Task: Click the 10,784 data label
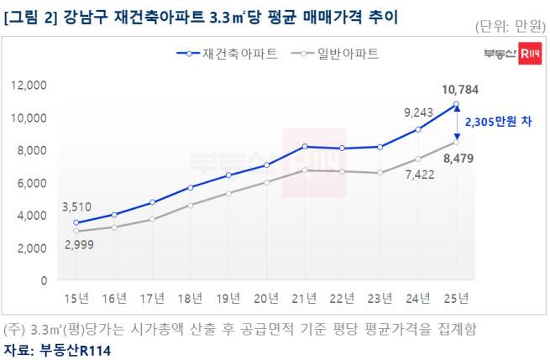tap(460, 90)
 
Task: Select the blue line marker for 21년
tap(305, 147)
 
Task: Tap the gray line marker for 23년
tap(380, 173)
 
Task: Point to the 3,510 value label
tap(76, 206)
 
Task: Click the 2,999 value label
tap(79, 245)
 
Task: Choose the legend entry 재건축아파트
tap(228, 54)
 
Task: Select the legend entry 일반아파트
tap(335, 54)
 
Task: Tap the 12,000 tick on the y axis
tap(29, 86)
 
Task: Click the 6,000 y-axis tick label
tap(32, 183)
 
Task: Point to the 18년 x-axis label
tap(190, 298)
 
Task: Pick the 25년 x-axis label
tap(456, 298)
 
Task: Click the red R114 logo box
tap(530, 53)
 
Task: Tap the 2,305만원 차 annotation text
tap(499, 122)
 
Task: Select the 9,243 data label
tap(418, 112)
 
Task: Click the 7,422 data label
tap(420, 175)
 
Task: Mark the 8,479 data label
tap(458, 159)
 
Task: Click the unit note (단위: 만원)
tap(511, 26)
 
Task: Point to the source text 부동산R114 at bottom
tap(75, 350)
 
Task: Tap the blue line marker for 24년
tap(418, 129)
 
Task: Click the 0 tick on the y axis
tap(44, 280)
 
